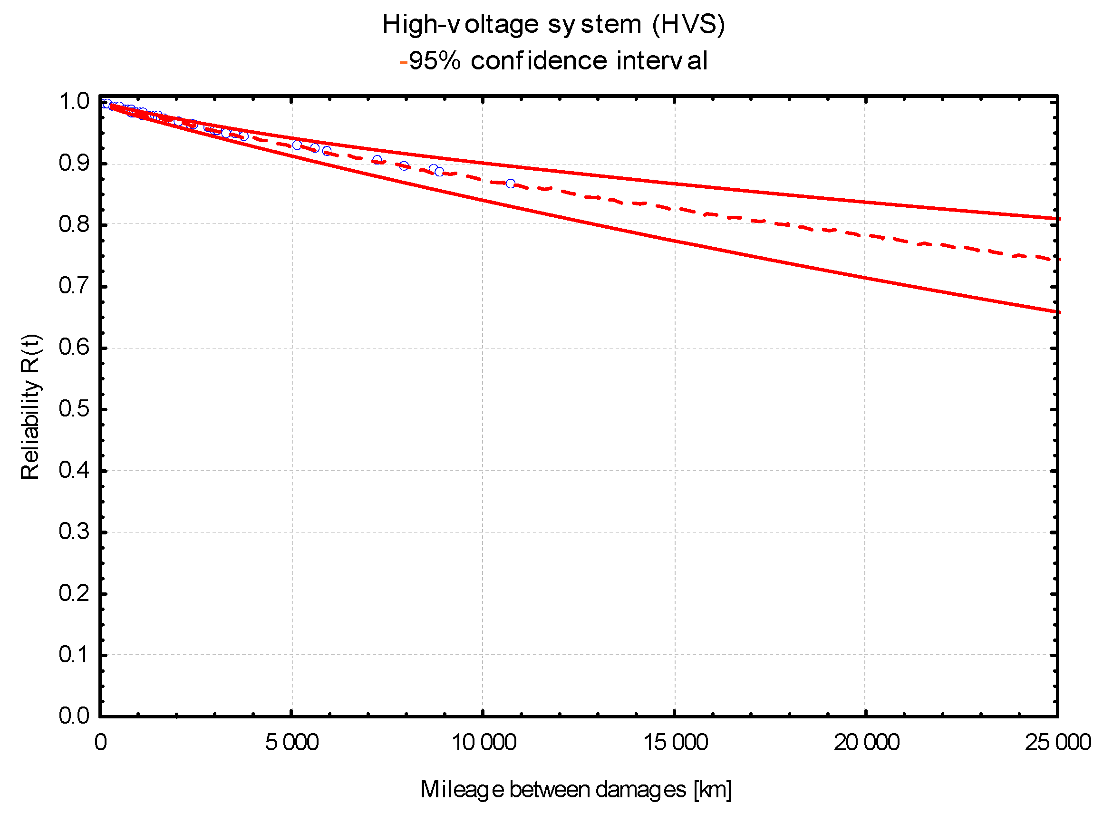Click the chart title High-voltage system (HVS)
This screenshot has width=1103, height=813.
point(553,25)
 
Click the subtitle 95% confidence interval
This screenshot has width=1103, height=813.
point(558,61)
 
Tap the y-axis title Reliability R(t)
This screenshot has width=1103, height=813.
point(30,406)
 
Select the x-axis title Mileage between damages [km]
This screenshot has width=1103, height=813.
point(575,789)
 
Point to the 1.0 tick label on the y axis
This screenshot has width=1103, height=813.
point(74,102)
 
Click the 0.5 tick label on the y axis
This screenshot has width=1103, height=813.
point(74,409)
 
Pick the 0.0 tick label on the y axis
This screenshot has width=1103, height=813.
point(74,716)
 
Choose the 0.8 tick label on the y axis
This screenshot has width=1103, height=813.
point(74,224)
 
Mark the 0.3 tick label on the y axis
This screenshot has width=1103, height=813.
point(74,532)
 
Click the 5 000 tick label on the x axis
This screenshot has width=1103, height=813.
point(292,742)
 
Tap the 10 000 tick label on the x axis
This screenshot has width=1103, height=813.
point(484,742)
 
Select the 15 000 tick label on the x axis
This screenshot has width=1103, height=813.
point(675,742)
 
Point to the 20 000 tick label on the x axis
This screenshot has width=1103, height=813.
point(866,742)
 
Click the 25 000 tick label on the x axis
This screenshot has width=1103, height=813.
point(1058,742)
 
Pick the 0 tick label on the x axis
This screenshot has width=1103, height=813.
point(100,742)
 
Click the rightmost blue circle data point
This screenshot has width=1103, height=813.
point(511,184)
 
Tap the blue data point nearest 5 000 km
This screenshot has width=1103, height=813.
point(297,145)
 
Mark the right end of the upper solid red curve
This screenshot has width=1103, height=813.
point(1058,219)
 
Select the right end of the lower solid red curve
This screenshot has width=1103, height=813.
point(1058,312)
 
